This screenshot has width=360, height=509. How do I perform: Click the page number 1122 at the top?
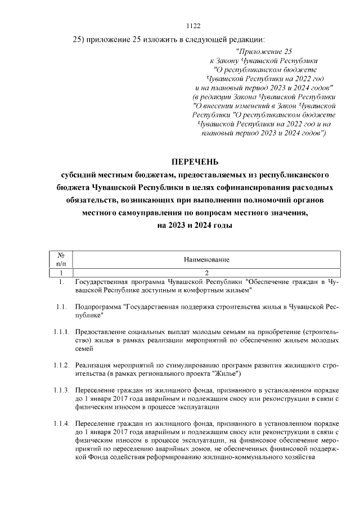click(193, 25)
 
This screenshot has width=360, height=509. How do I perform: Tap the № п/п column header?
click(60, 259)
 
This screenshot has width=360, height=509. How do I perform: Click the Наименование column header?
click(206, 259)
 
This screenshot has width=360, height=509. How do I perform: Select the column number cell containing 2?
click(206, 272)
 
